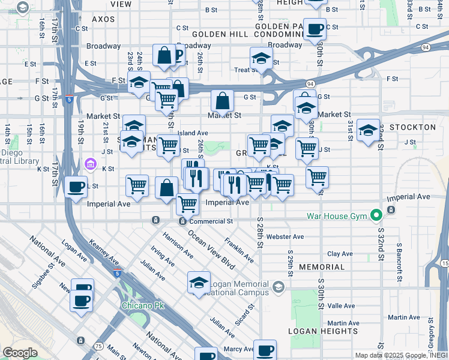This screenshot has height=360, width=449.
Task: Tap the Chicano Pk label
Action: (x=142, y=305)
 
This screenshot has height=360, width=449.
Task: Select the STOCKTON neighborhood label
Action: (x=412, y=128)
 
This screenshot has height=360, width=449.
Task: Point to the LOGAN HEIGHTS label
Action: (x=322, y=331)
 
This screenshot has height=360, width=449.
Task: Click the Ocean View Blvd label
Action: (x=211, y=249)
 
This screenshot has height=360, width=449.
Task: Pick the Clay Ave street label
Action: (x=340, y=254)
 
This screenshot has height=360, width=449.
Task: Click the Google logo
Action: (x=20, y=353)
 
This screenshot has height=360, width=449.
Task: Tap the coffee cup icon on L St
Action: (x=76, y=187)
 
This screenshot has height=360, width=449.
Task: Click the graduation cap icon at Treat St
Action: (x=261, y=59)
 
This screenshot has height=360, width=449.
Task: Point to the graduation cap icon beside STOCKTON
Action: (x=367, y=130)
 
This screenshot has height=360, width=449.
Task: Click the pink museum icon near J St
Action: (x=90, y=163)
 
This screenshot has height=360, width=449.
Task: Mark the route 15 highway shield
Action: (x=444, y=263)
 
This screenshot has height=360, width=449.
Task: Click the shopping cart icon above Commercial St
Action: (x=187, y=204)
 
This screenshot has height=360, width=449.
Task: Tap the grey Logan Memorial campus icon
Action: (x=278, y=287)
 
